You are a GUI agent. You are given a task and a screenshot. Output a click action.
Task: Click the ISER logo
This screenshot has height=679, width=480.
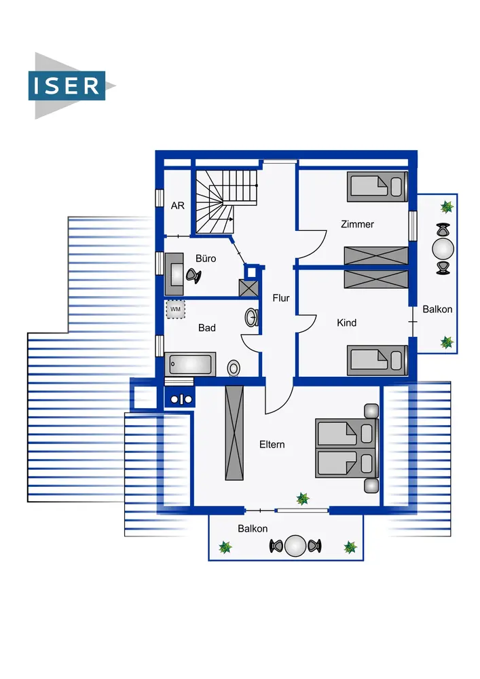coord(71,86)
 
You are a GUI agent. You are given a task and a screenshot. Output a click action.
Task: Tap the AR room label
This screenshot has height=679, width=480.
coord(177,206)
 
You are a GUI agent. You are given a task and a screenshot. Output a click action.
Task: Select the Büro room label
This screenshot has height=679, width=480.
coord(206,259)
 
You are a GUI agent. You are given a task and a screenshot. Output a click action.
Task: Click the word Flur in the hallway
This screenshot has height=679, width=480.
coord(281,298)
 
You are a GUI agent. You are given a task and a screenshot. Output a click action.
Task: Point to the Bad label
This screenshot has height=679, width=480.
coord(207,328)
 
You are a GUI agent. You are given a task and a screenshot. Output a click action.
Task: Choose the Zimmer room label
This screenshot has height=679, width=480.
coord(357,224)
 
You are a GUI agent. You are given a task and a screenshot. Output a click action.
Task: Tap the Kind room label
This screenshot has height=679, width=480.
coord(347,323)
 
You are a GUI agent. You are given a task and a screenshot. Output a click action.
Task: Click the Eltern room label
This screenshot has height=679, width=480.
coord(272,444)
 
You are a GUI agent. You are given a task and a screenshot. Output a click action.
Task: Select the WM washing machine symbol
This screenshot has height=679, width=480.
coord(175,309)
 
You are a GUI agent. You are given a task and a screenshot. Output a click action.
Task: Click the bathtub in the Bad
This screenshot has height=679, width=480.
coord(190,364)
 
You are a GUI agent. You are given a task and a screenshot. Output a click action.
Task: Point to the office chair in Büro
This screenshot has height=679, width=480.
coord(193,276)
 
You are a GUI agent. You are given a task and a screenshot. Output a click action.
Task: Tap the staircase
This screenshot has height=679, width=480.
coord(226,202)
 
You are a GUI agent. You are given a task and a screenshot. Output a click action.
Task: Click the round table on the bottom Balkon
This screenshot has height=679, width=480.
coord(295,546)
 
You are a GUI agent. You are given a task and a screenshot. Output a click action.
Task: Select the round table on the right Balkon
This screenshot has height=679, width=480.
coord(443,249)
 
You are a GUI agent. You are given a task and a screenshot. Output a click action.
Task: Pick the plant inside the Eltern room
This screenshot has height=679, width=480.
coord(303,499)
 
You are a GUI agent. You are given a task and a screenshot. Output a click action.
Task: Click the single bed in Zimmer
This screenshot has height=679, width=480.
coord(377,187)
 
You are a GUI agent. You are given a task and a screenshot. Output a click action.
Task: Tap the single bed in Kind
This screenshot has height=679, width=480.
coord(377,361)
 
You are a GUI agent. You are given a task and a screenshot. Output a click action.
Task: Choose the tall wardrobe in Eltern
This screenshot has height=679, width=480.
coord(234,433)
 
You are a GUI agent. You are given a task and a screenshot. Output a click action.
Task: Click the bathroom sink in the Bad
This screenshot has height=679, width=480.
coord(252,318)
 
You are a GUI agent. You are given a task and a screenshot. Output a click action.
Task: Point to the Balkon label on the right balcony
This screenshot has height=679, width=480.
coord(437,309)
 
